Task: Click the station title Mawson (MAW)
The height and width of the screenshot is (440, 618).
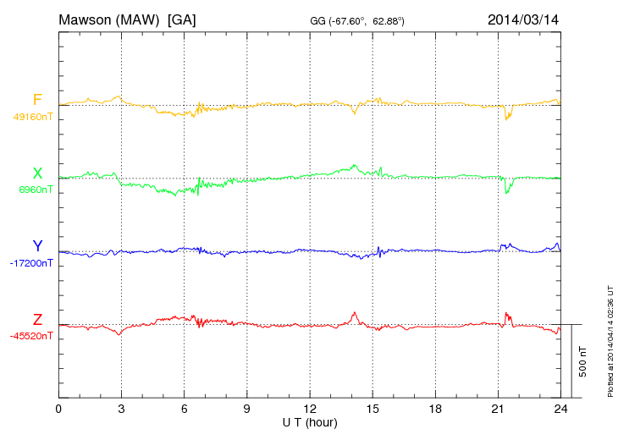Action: pos(110,19)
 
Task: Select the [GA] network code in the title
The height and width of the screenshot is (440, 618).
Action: pos(182,19)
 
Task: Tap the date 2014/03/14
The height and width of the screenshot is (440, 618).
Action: pos(523,19)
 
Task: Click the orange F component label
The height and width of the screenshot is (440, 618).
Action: pos(37,100)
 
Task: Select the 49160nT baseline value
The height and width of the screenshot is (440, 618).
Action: pos(32,117)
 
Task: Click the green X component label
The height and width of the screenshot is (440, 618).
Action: pos(37,173)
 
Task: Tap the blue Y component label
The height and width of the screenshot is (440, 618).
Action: pos(37,246)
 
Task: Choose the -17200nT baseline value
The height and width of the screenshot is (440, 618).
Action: pos(30,263)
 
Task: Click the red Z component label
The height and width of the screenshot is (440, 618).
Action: pos(37,320)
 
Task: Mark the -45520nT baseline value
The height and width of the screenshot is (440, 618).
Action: pos(30,336)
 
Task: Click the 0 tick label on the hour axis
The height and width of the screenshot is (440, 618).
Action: pos(58,409)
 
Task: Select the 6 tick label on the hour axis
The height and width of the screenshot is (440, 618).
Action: pos(184,409)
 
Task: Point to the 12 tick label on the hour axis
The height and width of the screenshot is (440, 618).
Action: pos(309,409)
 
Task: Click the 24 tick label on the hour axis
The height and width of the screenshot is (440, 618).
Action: pos(560,409)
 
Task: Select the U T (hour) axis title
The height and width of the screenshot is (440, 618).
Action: pos(309,421)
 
